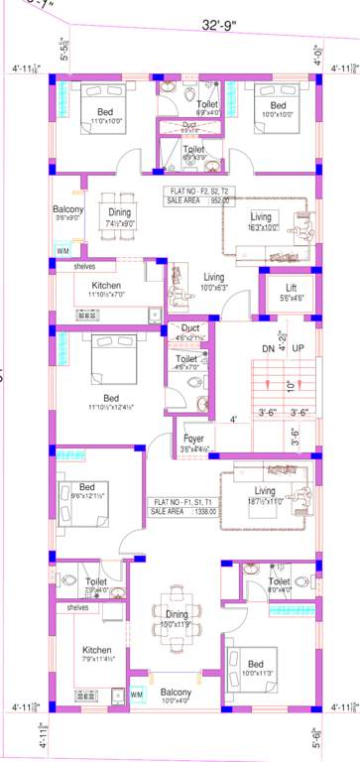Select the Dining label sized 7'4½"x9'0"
point(119,211)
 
